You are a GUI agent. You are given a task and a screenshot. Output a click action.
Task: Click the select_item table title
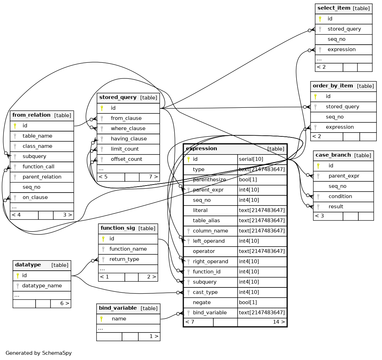334,8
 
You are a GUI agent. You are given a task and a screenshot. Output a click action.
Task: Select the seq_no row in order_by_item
335,117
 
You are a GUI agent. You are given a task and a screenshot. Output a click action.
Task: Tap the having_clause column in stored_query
129,139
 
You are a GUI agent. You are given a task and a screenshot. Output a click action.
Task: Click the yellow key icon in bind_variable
101,319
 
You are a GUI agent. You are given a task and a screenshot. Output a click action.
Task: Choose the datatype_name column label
42,286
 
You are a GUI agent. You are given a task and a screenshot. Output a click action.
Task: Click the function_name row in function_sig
128,249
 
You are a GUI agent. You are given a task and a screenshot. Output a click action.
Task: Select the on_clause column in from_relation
35,197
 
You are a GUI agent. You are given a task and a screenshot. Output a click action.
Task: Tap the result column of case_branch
336,207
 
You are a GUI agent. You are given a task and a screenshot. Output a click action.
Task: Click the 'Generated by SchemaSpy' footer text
38,353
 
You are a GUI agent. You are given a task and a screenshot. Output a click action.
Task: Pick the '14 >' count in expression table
279,322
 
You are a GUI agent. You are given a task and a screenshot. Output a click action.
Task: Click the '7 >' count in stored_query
153,177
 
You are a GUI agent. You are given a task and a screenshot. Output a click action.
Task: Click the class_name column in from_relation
37,146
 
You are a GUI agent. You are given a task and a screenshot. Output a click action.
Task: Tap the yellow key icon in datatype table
17,276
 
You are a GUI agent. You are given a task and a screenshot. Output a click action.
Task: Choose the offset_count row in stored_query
127,159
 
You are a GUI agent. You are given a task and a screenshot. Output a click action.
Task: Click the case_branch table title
333,155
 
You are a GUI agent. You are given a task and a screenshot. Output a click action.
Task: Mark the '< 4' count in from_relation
16,215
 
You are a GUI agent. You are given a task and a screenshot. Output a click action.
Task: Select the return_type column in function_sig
124,259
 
